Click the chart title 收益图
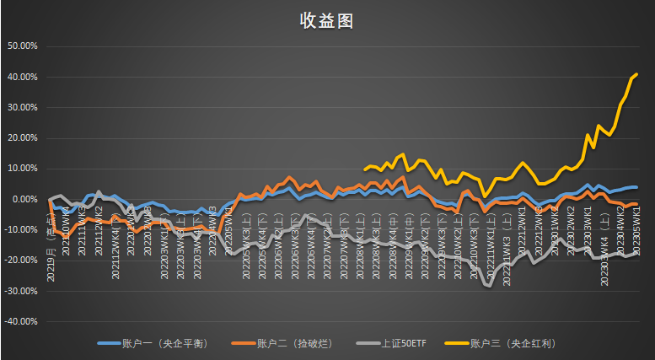click(x=326, y=21)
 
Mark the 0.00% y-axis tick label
click(x=24, y=199)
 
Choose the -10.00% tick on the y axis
click(x=20, y=230)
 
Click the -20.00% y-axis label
click(x=20, y=261)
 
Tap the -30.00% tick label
click(x=20, y=291)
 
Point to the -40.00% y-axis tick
click(x=20, y=321)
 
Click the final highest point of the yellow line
click(x=636, y=74)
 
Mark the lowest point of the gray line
click(x=488, y=287)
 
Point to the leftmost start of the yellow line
click(x=364, y=169)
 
